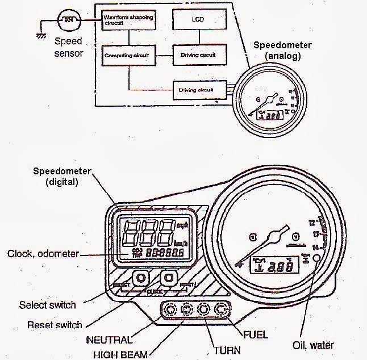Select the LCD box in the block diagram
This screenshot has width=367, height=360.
click(199, 22)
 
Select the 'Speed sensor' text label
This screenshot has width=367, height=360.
click(68, 47)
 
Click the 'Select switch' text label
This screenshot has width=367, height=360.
click(47, 305)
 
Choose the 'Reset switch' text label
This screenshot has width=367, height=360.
click(55, 325)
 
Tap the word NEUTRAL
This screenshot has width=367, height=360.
click(109, 340)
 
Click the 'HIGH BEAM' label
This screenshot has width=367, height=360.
click(120, 354)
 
